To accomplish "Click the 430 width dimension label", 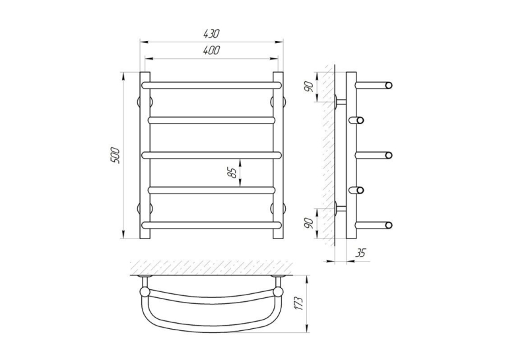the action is [211, 33].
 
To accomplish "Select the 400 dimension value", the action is [212, 50].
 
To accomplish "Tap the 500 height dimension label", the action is [116, 155].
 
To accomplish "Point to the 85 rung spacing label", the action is [232, 173].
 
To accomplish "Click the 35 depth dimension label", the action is [360, 253].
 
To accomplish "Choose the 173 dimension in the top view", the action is [299, 304].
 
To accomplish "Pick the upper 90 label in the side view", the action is [309, 87].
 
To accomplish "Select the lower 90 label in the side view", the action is [309, 223].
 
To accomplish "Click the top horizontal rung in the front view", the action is [212, 85].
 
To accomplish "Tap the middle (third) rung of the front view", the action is [212, 155].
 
